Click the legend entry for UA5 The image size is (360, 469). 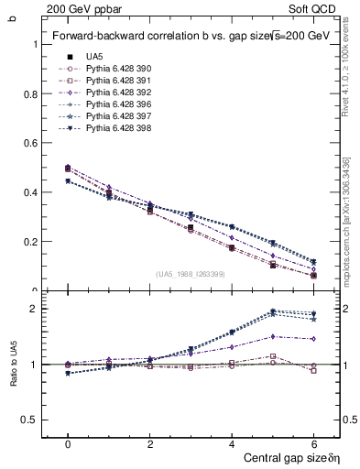95,56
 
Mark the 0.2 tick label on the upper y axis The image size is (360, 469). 28,242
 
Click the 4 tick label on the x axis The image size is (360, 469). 232,442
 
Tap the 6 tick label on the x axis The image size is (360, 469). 313,442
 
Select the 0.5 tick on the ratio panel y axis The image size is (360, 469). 28,420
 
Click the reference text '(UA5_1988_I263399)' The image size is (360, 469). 191,274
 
